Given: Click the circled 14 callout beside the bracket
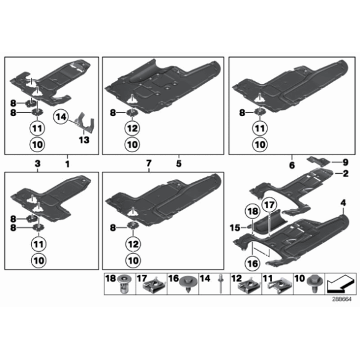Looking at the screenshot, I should point(62,116).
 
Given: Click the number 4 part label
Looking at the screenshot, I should point(343,203).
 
